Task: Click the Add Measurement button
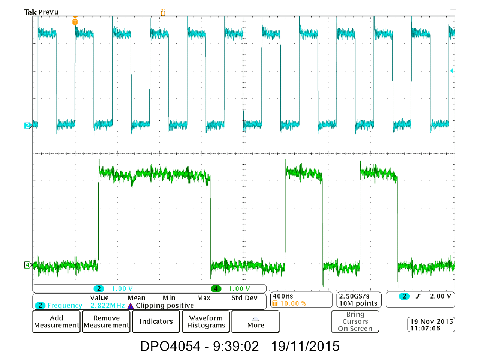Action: pos(57,322)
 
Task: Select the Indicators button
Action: pos(156,322)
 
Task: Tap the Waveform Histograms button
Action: pos(206,322)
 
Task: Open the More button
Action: pos(256,322)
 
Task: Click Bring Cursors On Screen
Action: pos(355,321)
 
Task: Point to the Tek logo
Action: pos(30,12)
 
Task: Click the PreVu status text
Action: pos(49,12)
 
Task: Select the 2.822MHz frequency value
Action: pos(107,306)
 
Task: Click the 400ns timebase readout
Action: pos(283,296)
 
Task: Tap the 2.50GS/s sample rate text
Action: pos(354,296)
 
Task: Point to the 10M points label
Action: pos(358,303)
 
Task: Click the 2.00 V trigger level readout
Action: pos(440,296)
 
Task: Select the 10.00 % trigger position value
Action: pos(293,303)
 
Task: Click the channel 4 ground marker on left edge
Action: pos(27,265)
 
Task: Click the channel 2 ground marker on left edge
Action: pos(27,126)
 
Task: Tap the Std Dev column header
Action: pos(244,298)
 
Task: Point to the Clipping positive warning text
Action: pos(165,306)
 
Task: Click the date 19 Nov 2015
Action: pos(431,321)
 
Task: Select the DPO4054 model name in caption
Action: pos(170,346)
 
